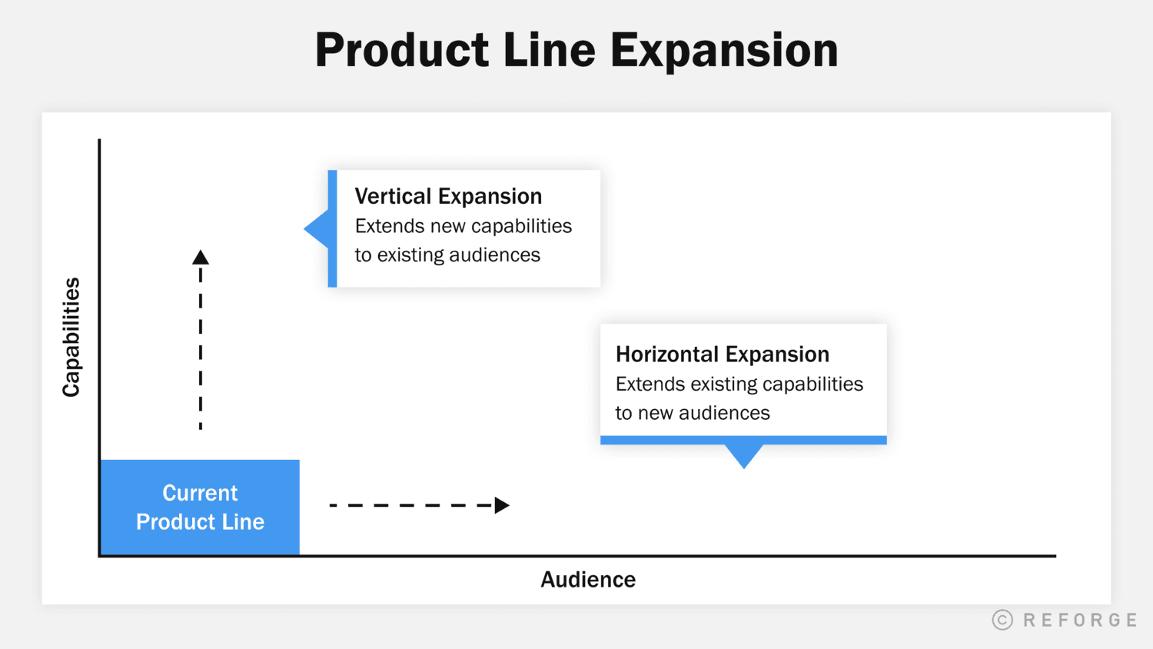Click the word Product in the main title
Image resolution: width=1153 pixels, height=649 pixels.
402,51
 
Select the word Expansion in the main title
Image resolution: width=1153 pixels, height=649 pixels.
723,51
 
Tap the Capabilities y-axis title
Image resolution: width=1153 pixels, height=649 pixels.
71,337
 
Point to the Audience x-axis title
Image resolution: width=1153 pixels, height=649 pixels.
588,580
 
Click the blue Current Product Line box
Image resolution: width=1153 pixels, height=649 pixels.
200,508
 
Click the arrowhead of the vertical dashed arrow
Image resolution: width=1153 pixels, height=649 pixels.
201,258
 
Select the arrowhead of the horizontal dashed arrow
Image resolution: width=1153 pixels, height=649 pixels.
502,505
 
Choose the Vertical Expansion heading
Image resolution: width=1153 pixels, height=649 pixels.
448,197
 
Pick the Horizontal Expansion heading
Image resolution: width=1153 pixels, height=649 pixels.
722,354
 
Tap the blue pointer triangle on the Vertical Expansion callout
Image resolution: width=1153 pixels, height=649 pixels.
318,229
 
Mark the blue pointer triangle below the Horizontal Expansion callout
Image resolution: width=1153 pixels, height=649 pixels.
744,454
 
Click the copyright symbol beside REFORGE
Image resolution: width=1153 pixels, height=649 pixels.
1002,620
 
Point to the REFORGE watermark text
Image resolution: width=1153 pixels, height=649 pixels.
1080,620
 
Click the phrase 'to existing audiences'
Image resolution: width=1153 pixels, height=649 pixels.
447,255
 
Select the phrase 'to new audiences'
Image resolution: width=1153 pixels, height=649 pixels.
692,413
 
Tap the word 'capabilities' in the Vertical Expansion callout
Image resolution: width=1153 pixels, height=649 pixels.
521,227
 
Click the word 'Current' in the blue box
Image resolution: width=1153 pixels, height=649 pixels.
200,493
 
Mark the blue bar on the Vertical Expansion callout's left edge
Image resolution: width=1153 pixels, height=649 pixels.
332,229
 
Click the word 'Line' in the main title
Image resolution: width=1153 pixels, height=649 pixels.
549,51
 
